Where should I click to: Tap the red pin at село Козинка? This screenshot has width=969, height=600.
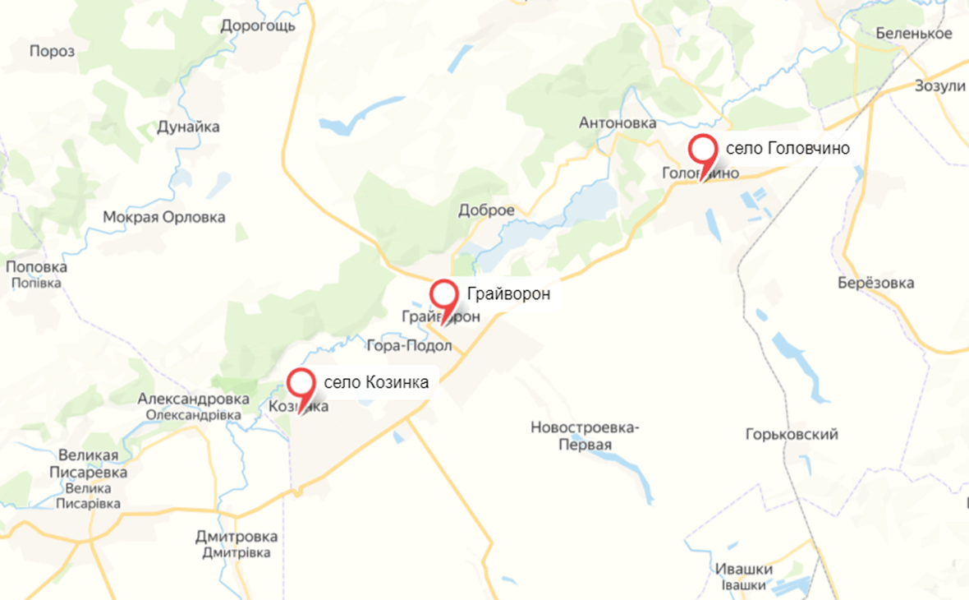(x=301, y=383)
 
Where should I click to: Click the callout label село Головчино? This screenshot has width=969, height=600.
(x=787, y=149)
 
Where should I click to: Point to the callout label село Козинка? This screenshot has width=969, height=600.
(x=376, y=382)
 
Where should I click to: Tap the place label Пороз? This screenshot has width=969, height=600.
(x=52, y=51)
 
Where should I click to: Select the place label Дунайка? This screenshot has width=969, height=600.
(x=188, y=127)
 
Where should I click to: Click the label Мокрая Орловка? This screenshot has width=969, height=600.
(x=163, y=218)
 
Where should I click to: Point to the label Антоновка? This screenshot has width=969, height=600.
(x=618, y=123)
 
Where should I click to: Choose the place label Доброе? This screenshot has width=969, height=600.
(x=486, y=210)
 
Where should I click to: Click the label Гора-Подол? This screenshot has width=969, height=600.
(x=409, y=346)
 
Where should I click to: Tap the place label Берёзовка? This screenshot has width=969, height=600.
(x=876, y=284)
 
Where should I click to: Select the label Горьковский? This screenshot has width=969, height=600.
(x=792, y=435)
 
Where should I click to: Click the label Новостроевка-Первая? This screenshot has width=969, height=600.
(x=585, y=436)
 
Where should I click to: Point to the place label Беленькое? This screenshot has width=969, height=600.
(x=914, y=34)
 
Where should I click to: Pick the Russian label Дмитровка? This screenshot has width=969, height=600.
(x=237, y=538)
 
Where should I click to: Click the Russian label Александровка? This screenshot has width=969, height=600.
(x=193, y=399)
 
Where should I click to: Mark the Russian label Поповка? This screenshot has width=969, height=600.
(x=36, y=267)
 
